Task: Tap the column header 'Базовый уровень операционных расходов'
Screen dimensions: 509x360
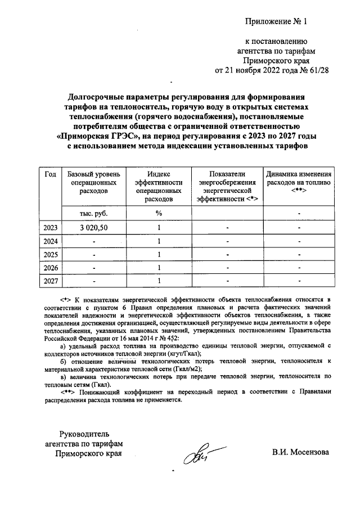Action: click(x=93, y=183)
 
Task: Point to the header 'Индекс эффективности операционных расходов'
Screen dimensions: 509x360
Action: click(x=159, y=187)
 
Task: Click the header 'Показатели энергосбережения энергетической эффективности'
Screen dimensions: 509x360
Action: click(x=227, y=187)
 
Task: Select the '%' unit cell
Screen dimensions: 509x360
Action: click(x=159, y=213)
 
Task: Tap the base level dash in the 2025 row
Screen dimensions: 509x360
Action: click(x=94, y=254)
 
